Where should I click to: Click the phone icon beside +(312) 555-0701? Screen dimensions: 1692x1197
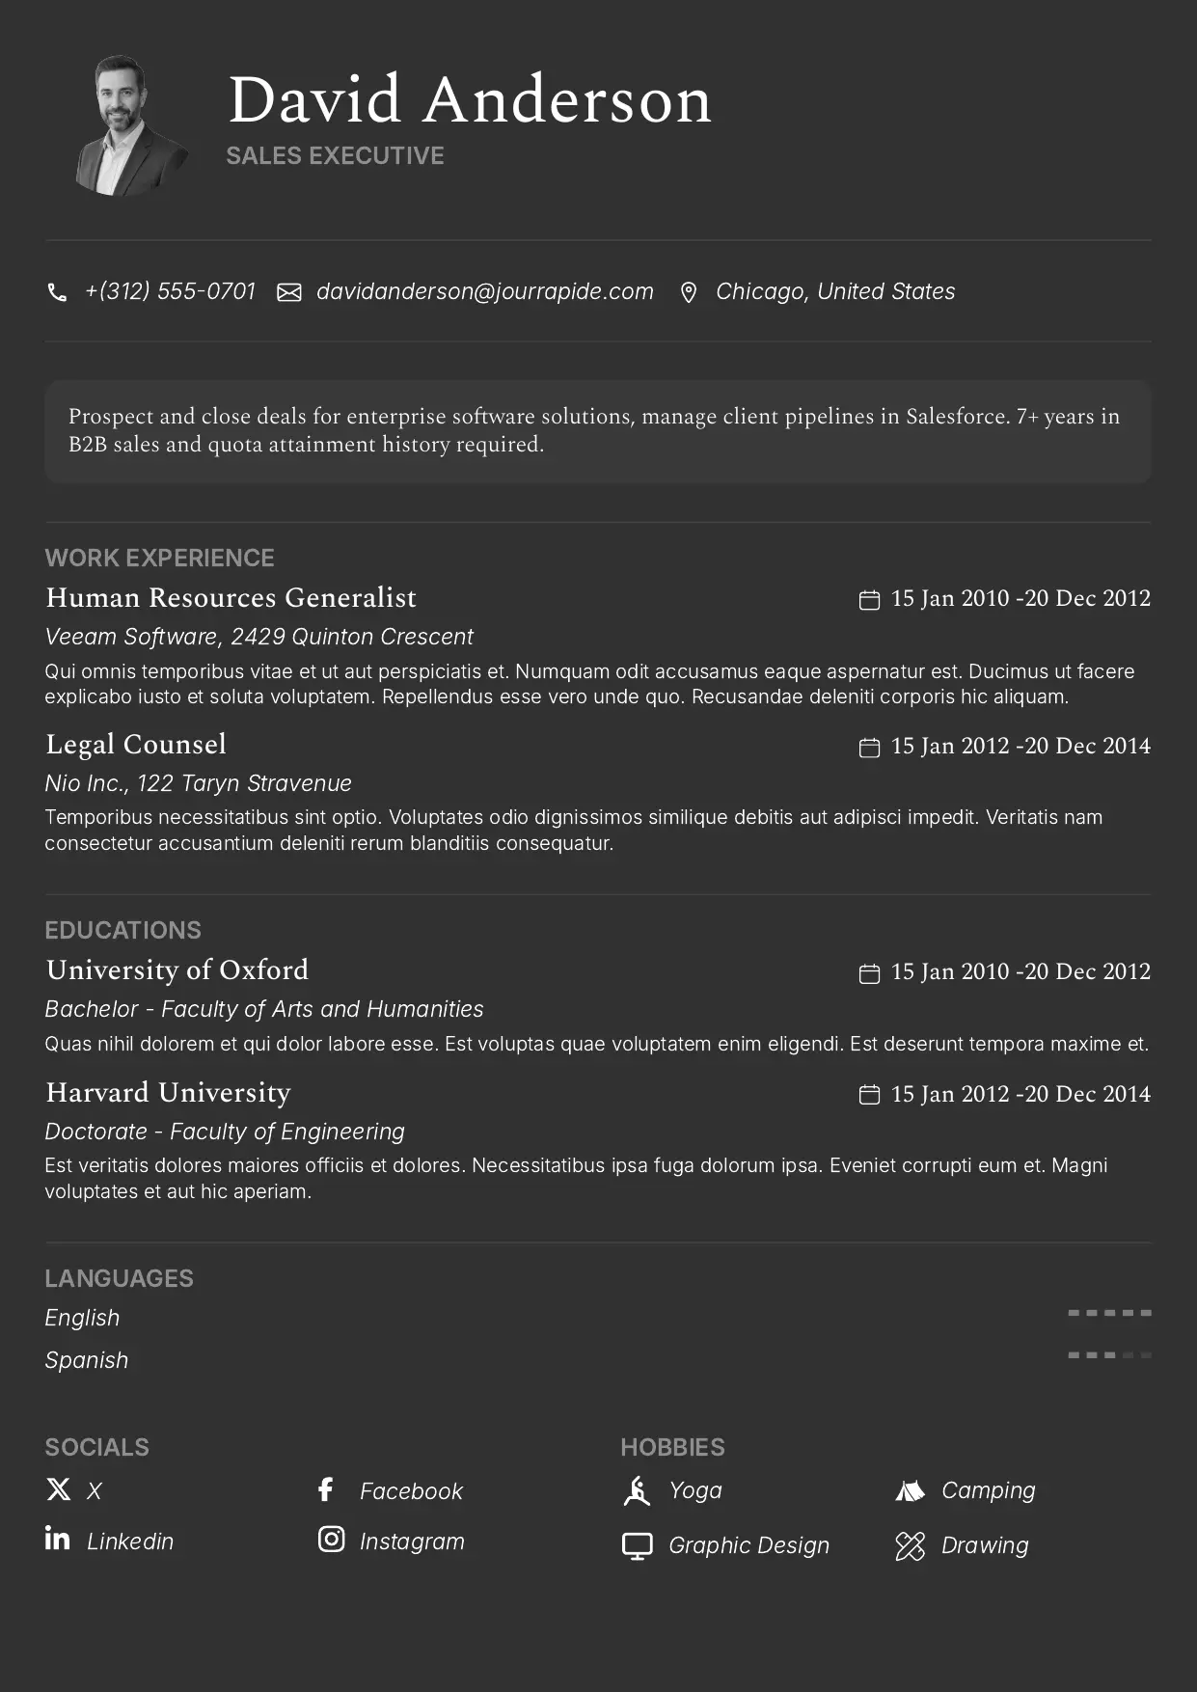57,292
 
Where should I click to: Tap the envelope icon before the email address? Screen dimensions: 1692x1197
289,292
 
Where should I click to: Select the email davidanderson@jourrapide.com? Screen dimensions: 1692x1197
484,291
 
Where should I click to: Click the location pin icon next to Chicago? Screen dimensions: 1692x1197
688,292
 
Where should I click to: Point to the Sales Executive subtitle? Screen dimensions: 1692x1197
335,156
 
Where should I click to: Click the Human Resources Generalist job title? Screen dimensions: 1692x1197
231,598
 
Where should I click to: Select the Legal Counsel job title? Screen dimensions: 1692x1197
136,745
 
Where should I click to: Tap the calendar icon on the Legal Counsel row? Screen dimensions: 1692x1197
869,748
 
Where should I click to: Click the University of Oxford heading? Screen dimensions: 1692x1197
177,970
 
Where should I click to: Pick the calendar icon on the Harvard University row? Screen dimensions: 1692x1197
869,1095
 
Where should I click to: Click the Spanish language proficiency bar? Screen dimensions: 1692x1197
1109,1355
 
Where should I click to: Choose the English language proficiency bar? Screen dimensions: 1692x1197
1109,1313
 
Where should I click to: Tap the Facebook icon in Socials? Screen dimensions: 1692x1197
326,1489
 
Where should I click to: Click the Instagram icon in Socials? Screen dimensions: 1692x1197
331,1540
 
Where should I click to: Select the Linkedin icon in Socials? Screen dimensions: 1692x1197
57,1539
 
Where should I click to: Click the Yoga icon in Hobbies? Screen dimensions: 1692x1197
637,1491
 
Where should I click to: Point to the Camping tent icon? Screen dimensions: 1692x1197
910,1491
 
